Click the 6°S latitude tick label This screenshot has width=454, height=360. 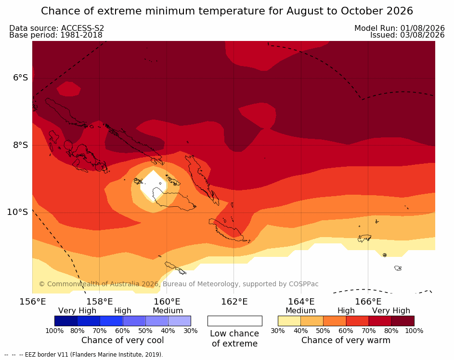(20, 78)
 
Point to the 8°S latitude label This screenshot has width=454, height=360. (20, 145)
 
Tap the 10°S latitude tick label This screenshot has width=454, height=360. (18, 212)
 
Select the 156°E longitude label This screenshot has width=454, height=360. (33, 302)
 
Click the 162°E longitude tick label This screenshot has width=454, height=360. (234, 302)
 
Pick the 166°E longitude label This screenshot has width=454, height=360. (368, 302)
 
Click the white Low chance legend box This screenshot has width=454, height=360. (235, 321)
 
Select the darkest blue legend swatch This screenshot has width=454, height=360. (66, 321)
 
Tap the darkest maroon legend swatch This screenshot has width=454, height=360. (403, 321)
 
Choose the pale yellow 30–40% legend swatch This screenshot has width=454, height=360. (289, 321)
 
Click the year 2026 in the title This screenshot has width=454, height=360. (400, 11)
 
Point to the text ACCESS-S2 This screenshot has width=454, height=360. (82, 28)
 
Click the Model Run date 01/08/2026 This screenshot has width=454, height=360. (422, 28)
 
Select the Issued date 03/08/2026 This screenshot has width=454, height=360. (422, 35)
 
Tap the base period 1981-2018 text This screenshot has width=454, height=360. (81, 35)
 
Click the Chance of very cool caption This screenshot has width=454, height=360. (122, 340)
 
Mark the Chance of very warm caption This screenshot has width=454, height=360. (346, 340)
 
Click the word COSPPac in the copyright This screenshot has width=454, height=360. (303, 284)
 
